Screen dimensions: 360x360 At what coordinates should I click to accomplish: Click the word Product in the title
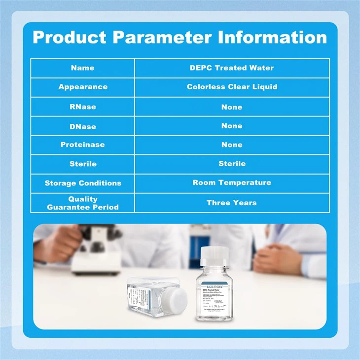click(69, 37)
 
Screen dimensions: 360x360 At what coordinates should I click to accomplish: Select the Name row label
click(82, 68)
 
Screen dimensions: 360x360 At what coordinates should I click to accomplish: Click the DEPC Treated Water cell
click(232, 68)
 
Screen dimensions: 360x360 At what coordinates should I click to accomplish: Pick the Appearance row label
click(82, 87)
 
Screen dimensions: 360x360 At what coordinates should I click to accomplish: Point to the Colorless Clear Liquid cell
click(232, 87)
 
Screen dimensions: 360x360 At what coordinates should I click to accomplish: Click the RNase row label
click(82, 107)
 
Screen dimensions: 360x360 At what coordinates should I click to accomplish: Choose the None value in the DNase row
click(232, 126)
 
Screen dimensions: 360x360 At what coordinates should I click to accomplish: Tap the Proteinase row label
click(82, 145)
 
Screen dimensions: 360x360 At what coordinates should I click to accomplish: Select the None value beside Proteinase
click(232, 145)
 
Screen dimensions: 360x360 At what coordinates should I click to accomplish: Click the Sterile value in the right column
click(232, 164)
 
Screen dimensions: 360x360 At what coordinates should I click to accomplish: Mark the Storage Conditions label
click(82, 183)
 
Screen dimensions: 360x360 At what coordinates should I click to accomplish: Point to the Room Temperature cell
click(232, 182)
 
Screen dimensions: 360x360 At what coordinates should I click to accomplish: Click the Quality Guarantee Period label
click(82, 203)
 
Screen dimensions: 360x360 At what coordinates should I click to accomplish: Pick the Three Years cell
click(232, 203)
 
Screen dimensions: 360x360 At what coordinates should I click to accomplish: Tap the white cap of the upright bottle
click(215, 255)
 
